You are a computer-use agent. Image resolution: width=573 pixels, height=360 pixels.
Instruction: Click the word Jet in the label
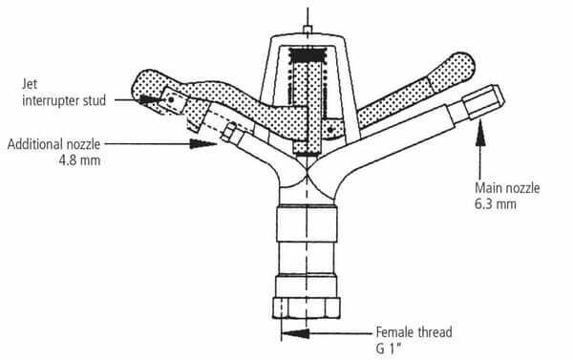[30, 84]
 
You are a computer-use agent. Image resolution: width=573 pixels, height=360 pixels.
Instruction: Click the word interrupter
[51, 100]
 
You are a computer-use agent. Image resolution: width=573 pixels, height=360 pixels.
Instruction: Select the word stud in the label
[95, 100]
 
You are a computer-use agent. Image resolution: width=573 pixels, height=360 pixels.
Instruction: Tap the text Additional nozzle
[53, 144]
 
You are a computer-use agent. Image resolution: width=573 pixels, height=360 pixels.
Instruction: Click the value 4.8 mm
[79, 160]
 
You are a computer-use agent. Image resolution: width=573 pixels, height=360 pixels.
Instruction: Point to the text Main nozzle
[507, 188]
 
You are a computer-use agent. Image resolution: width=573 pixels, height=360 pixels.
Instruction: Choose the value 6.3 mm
[496, 204]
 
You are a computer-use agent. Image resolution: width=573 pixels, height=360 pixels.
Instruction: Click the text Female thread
[414, 332]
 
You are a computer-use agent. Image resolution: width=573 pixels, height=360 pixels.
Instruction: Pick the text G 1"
[388, 349]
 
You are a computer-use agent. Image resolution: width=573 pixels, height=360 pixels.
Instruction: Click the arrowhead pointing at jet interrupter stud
[149, 99]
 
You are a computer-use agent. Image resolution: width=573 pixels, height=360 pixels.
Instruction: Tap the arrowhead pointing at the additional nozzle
[203, 143]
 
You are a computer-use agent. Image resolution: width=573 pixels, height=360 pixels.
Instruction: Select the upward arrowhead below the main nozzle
[480, 136]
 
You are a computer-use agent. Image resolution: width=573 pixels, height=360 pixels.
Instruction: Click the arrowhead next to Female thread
[296, 333]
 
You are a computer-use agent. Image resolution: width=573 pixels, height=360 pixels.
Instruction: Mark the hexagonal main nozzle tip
[483, 101]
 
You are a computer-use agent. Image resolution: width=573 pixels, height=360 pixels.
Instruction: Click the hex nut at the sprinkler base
[307, 307]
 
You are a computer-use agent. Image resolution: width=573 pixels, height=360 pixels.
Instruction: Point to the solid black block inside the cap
[307, 54]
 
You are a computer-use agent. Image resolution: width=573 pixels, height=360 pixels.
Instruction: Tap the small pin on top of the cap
[308, 30]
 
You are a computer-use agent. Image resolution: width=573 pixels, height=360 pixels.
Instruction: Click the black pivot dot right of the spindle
[330, 129]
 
